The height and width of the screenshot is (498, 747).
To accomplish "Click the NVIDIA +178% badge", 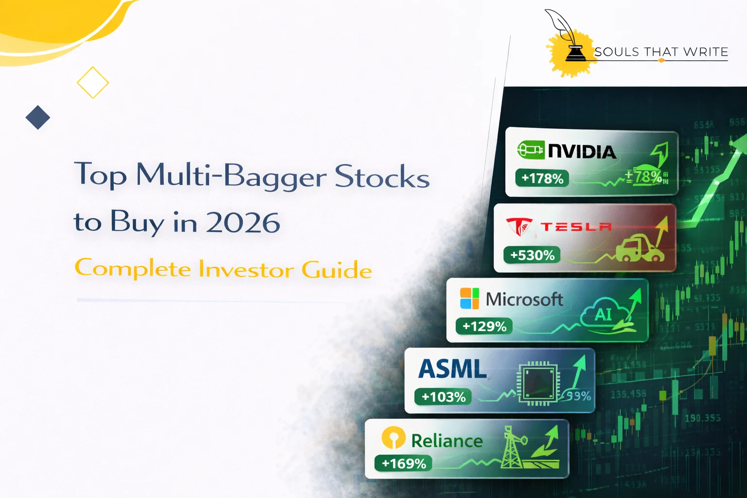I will (542, 178).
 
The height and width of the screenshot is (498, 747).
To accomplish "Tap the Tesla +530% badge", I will (532, 255).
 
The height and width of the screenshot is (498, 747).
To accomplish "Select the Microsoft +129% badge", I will (484, 326).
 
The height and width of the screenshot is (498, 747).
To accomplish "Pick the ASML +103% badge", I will (443, 397).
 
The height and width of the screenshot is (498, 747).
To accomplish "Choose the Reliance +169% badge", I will (403, 463).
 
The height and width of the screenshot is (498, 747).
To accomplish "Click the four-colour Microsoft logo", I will (469, 298).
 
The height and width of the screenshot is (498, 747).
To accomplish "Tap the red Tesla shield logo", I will (519, 226).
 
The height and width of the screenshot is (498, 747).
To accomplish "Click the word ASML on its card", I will (452, 369).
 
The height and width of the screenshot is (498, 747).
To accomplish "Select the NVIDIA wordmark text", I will (582, 152).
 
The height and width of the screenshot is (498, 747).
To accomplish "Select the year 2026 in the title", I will (242, 223).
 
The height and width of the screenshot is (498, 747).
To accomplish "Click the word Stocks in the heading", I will (382, 176).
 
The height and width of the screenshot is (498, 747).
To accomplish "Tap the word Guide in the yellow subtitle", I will (337, 270).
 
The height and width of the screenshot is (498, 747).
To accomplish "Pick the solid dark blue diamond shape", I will (38, 117).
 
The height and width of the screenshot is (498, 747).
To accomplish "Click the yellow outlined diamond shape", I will (92, 83).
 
